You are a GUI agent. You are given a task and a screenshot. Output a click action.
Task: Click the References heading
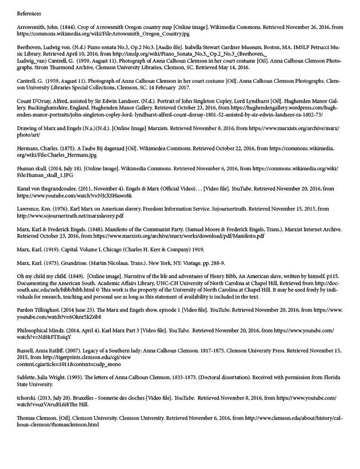[x=29, y=13]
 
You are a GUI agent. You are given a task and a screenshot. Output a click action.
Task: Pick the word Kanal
[x=24, y=188]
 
